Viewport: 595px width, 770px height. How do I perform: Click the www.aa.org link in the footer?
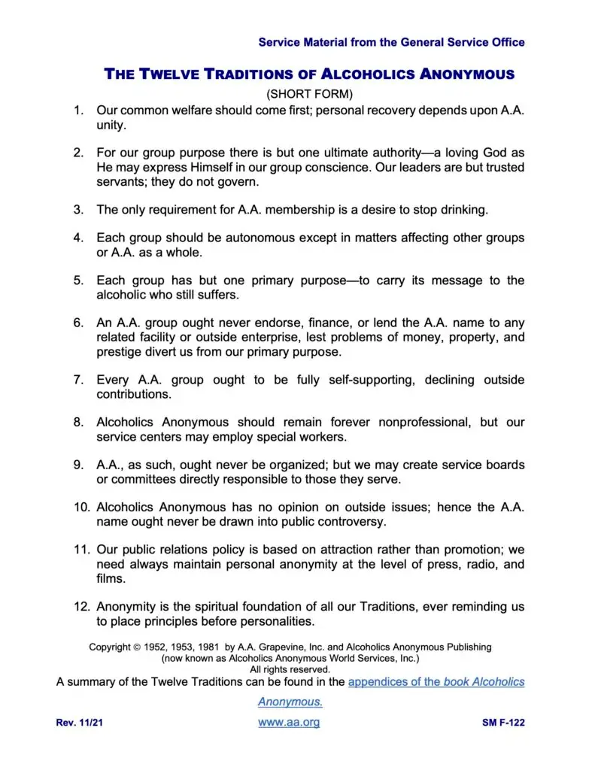point(289,723)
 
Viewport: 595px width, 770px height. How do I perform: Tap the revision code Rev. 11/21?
point(78,723)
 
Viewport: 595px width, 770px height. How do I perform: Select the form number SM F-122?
point(503,723)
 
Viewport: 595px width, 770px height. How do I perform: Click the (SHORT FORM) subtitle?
point(310,94)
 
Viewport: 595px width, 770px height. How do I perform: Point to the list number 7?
point(78,380)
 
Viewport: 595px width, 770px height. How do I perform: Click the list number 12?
point(81,606)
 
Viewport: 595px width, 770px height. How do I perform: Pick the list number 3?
point(78,209)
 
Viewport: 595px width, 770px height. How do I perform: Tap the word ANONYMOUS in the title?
point(466,74)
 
